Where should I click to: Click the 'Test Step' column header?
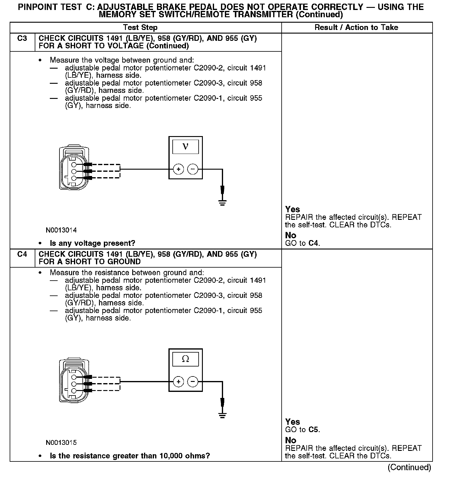tap(140, 28)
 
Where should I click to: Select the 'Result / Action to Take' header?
tap(356, 28)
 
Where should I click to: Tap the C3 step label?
tap(22, 39)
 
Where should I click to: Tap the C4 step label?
tap(22, 254)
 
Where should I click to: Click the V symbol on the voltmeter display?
tap(185, 147)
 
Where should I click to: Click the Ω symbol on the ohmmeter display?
tap(185, 359)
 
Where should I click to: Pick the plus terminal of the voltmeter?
tap(178, 169)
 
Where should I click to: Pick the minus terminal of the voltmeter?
tap(193, 169)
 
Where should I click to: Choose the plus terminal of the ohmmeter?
tap(178, 382)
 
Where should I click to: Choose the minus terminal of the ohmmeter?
tap(193, 382)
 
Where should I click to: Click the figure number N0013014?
tap(61, 230)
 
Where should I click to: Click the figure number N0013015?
tap(61, 443)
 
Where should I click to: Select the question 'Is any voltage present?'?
tap(92, 243)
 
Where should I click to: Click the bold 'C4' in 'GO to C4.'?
tap(314, 243)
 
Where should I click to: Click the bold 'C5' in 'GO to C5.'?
tap(314, 430)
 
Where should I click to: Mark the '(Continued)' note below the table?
tap(409, 467)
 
